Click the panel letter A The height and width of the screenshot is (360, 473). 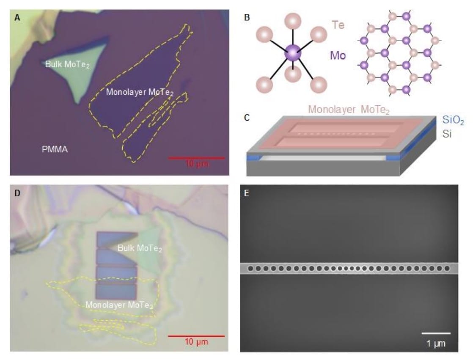[x=17, y=17]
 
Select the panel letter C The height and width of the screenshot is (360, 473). [x=247, y=117]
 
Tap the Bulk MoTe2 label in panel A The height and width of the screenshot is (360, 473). [x=68, y=64]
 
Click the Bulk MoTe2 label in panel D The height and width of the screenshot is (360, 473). [x=140, y=248]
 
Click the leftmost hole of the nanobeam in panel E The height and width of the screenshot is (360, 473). [x=251, y=268]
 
